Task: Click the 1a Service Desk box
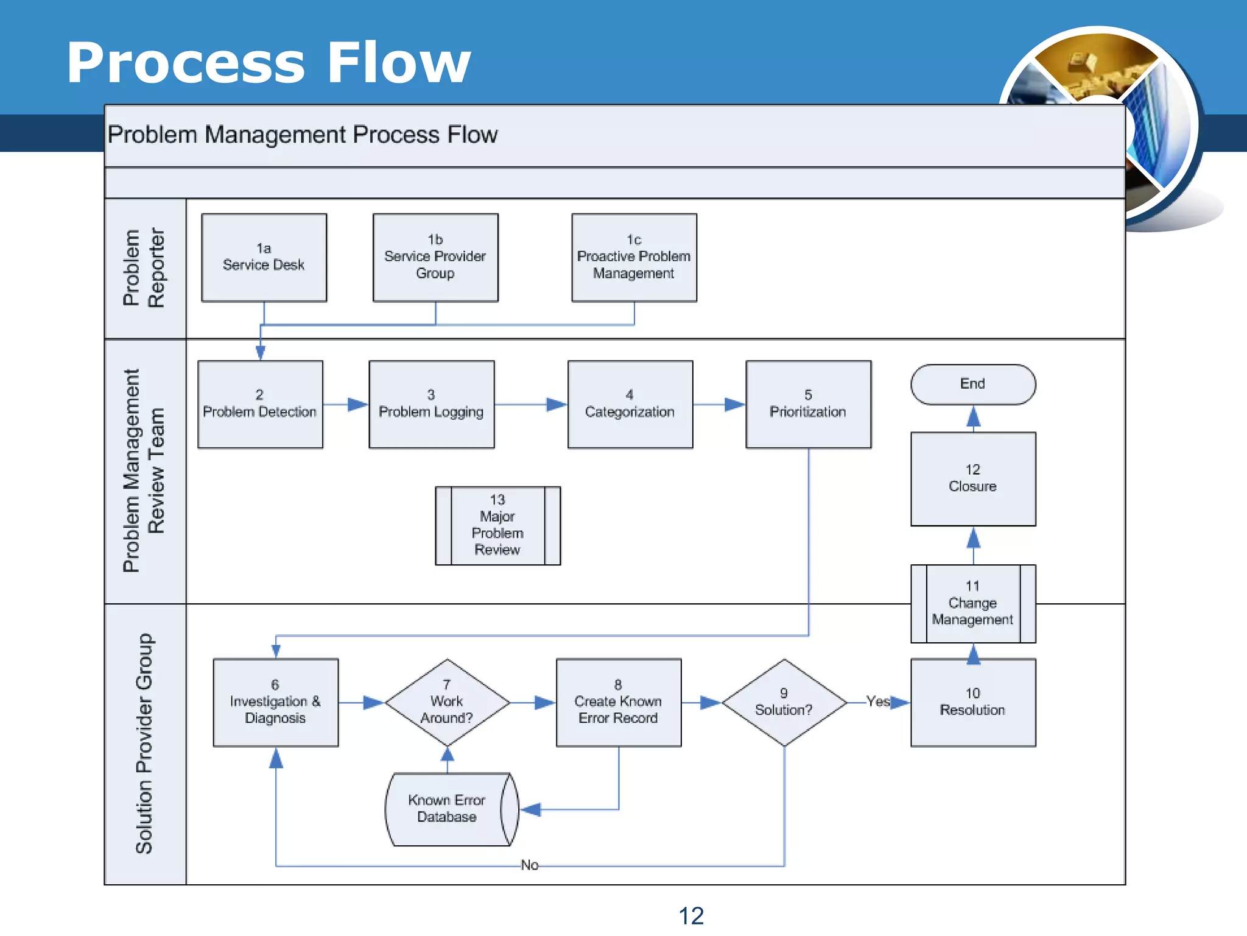coord(264,257)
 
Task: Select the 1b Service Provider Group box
coord(435,257)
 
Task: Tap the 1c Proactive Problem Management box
coord(634,257)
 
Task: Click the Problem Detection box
coord(260,405)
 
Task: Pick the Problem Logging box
coord(431,405)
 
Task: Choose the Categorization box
coord(630,405)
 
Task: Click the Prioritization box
coord(808,405)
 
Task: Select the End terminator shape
coord(972,385)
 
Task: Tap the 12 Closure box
coord(972,479)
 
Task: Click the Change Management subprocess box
coord(972,603)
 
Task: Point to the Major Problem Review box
coord(497,525)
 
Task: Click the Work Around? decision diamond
coord(447,702)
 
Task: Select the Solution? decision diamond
coord(784,702)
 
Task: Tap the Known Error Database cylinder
coord(447,809)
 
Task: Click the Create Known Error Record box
coord(618,702)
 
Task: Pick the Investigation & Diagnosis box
coord(275,702)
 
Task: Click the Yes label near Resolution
coord(877,701)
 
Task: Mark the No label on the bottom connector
coord(529,865)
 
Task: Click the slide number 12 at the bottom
coord(690,916)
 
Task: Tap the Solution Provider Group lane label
coord(145,743)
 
